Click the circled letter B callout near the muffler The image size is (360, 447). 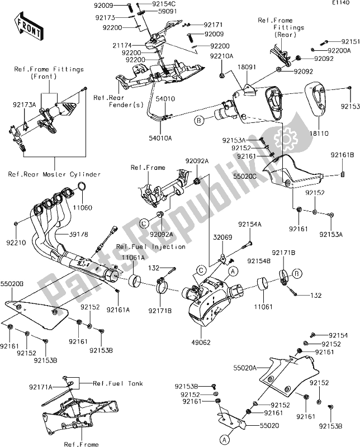(198, 119)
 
